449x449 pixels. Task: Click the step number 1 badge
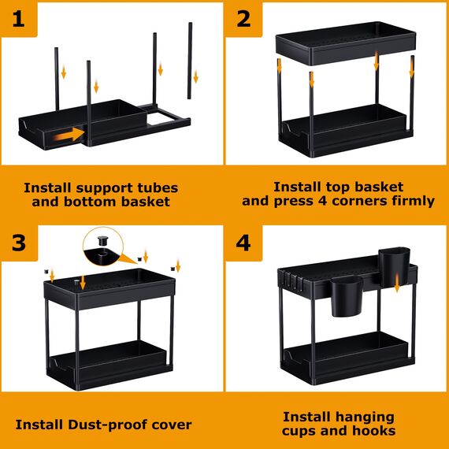click(x=19, y=18)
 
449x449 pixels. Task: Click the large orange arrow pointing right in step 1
click(x=69, y=135)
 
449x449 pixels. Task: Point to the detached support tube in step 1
click(x=190, y=60)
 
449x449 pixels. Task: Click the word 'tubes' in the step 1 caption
click(x=156, y=188)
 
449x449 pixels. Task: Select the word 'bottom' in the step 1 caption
click(x=90, y=202)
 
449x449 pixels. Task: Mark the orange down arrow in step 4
click(x=397, y=284)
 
